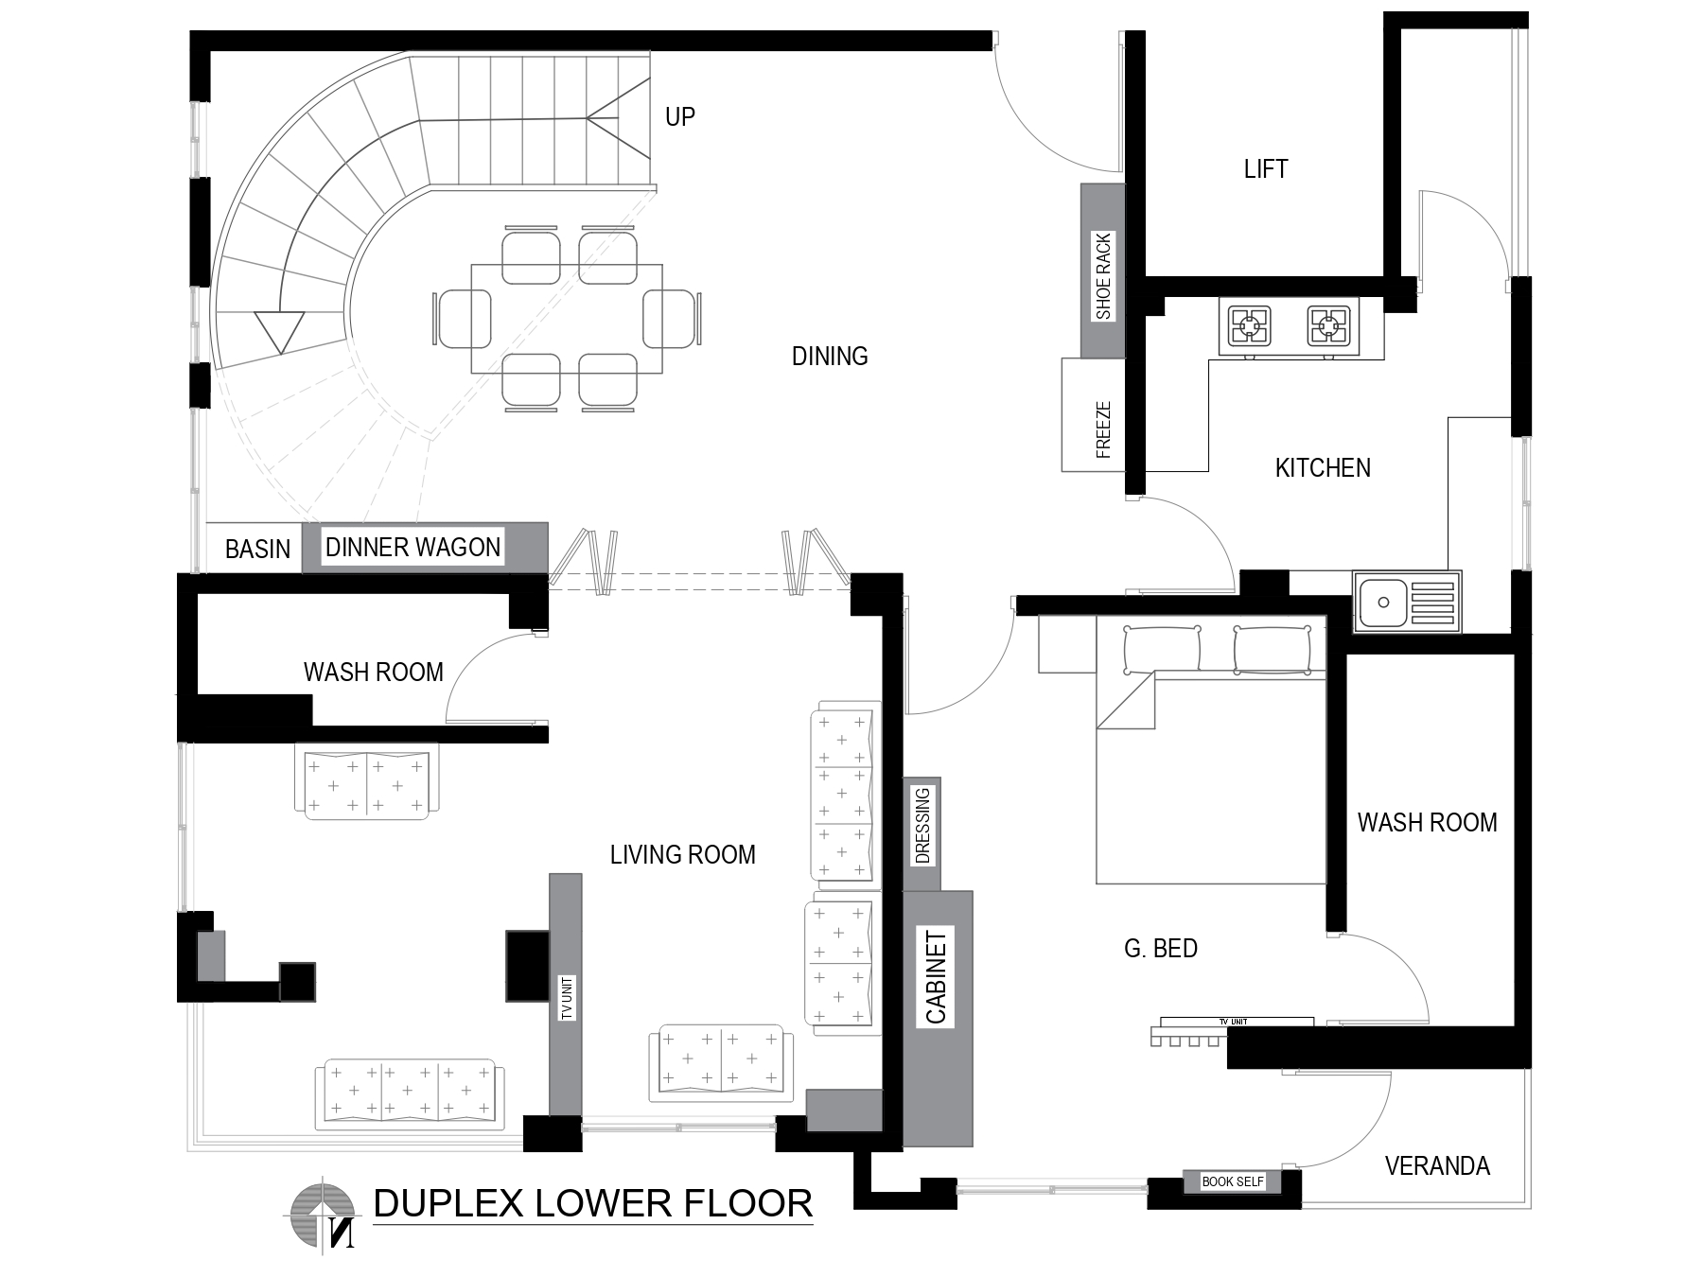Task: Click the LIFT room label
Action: (x=1266, y=169)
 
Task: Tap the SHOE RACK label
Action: (x=1103, y=275)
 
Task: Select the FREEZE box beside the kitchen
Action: (x=1094, y=414)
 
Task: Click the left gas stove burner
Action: (x=1250, y=326)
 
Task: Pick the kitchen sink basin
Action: (x=1382, y=602)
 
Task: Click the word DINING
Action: (x=830, y=357)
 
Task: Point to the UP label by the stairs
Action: (x=680, y=117)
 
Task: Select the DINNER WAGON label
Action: (x=413, y=548)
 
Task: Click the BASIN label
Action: (x=257, y=550)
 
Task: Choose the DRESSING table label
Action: (x=923, y=826)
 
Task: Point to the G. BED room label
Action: (x=1161, y=949)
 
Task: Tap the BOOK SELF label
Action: (x=1233, y=1181)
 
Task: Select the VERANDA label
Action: (x=1437, y=1166)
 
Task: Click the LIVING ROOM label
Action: (x=683, y=855)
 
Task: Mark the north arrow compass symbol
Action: (x=324, y=1216)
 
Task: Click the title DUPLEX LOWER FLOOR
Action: (x=593, y=1203)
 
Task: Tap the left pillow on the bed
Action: (x=1162, y=649)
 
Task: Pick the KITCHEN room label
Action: (x=1323, y=468)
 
